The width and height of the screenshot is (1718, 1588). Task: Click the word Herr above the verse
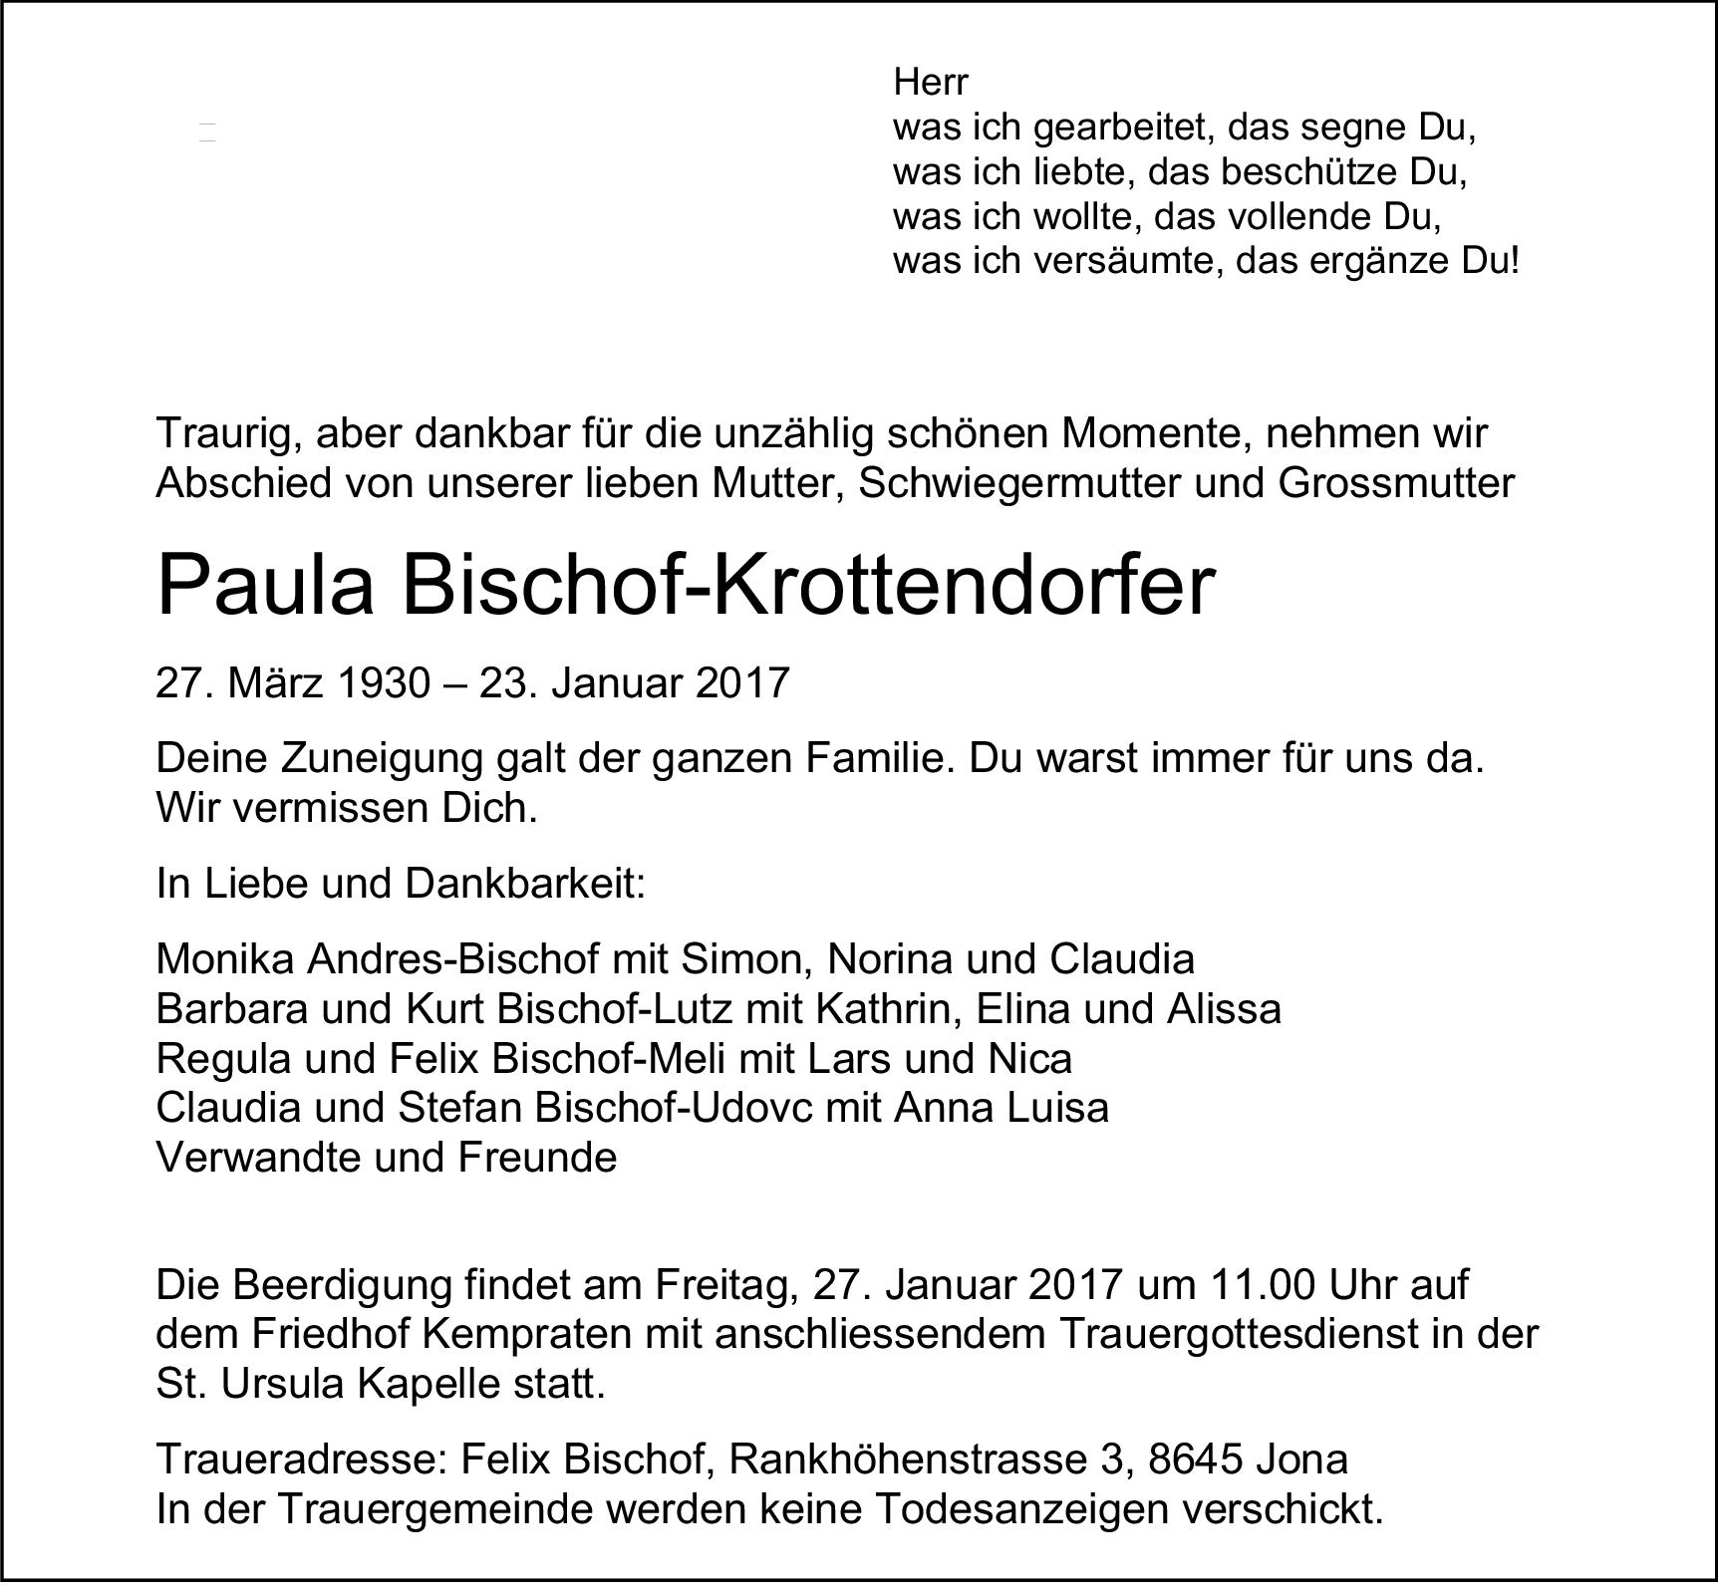coord(931,83)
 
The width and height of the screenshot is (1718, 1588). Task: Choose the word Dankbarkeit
coord(523,885)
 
